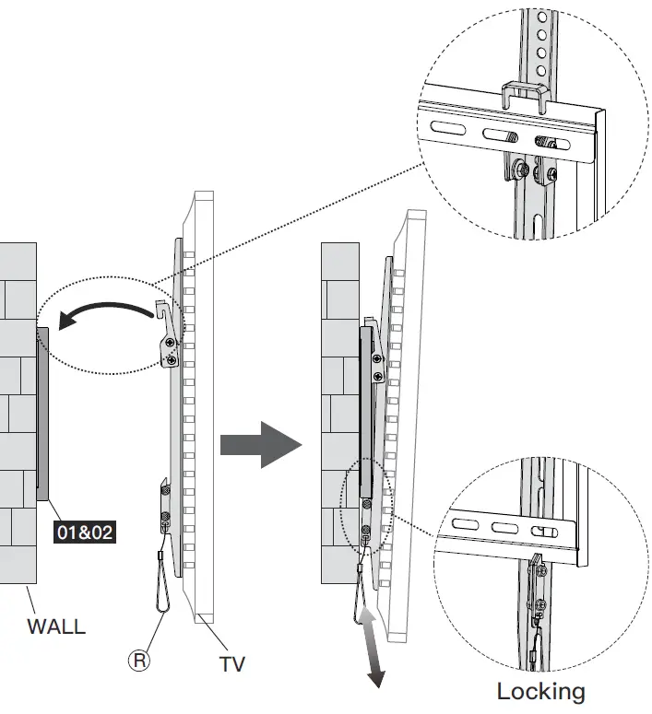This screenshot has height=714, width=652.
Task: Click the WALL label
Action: coord(55,626)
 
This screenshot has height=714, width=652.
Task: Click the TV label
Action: coord(231,662)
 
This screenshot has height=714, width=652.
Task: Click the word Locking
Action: coord(540,690)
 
